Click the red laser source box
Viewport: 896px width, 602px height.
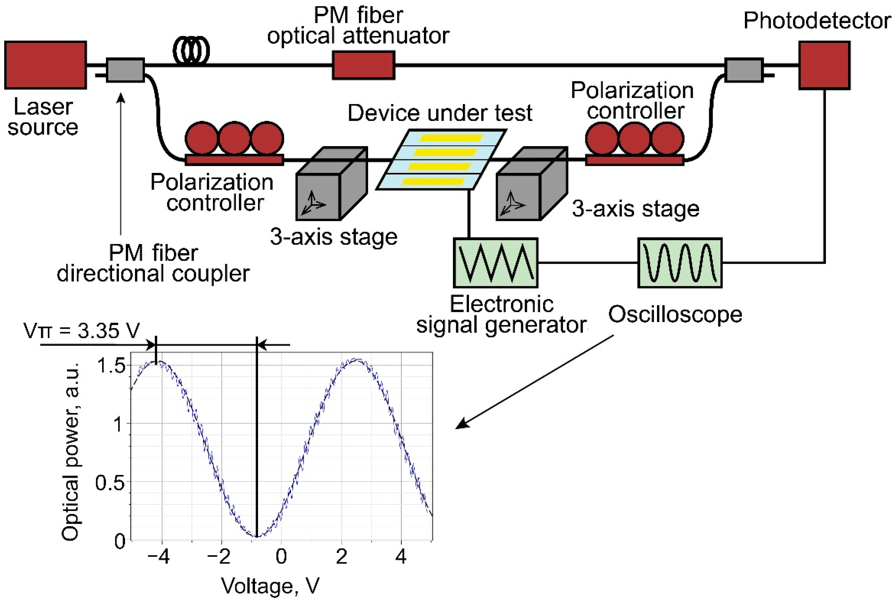45,65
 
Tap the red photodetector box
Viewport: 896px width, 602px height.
824,65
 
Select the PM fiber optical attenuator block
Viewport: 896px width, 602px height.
363,65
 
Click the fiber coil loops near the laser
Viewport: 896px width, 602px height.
191,50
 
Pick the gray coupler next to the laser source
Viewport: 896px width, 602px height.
125,70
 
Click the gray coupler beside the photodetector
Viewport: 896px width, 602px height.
743,70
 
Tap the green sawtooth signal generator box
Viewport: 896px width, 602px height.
495,263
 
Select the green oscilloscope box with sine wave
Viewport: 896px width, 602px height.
679,263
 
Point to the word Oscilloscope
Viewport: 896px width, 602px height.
675,314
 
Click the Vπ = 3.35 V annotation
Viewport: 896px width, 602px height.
81,330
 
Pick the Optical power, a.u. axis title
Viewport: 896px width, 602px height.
71,451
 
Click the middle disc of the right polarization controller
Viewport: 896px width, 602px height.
634,139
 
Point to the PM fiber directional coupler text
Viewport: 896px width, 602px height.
153,263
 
